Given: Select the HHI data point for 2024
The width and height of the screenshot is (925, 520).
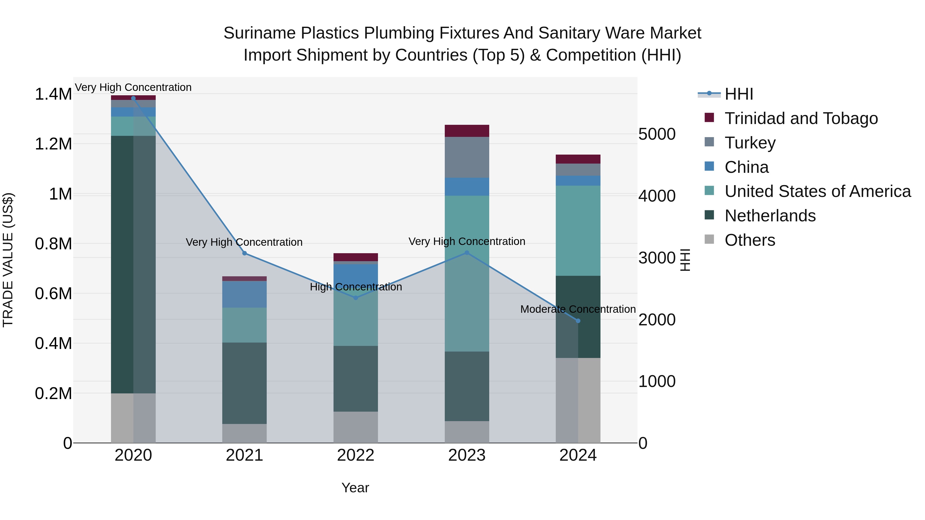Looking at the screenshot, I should pyautogui.click(x=578, y=321).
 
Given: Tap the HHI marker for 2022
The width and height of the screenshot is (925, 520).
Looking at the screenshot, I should pyautogui.click(x=356, y=298).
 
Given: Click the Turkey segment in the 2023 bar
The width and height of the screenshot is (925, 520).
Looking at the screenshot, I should pyautogui.click(x=467, y=157).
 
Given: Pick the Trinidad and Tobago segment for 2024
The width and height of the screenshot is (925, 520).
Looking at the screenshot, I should pyautogui.click(x=578, y=159).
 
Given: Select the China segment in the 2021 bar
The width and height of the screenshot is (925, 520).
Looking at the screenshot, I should pyautogui.click(x=245, y=294).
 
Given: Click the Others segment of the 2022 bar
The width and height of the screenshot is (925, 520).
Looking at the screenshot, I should pyautogui.click(x=356, y=427).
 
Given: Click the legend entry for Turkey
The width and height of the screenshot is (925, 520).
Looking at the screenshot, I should pyautogui.click(x=750, y=143).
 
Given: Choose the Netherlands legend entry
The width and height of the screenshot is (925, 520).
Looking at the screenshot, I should pyautogui.click(x=770, y=216).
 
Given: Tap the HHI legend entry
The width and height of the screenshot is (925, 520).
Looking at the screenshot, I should pyautogui.click(x=739, y=94).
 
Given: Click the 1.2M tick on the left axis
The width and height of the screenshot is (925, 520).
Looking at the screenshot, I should pyautogui.click(x=53, y=144).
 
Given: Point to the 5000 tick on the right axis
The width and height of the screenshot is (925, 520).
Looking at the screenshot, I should pyautogui.click(x=657, y=134).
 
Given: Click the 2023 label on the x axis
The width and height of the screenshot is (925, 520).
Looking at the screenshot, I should pyautogui.click(x=467, y=455).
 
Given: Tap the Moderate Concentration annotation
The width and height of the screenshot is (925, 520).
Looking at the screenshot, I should pyautogui.click(x=578, y=309).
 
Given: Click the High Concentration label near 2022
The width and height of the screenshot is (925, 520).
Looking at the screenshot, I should pyautogui.click(x=356, y=287).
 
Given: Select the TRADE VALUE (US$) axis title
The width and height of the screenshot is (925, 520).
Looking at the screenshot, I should pyautogui.click(x=8, y=260).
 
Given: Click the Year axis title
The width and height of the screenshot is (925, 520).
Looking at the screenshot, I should pyautogui.click(x=355, y=488).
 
